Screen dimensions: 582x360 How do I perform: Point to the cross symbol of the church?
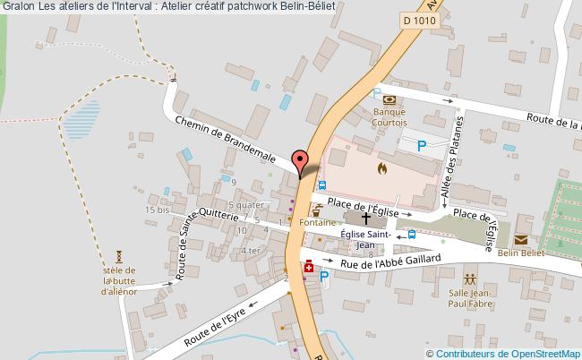pos(366,218)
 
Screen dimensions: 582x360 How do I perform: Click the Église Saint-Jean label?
pos(367,240)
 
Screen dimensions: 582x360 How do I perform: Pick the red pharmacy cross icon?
pos(309,266)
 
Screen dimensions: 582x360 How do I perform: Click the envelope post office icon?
pos(520,239)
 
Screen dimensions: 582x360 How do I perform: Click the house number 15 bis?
pos(157,209)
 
